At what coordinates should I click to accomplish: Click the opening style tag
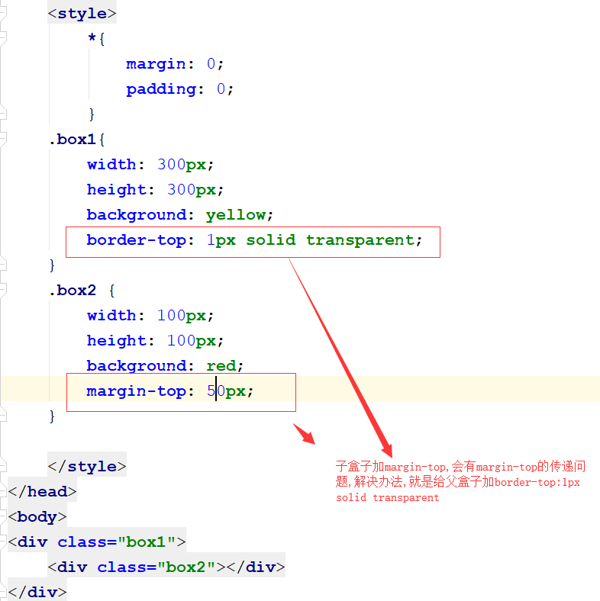[82, 14]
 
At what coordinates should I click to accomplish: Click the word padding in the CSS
[161, 89]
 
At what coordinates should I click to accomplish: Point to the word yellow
[236, 215]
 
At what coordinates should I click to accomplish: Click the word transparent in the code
[360, 240]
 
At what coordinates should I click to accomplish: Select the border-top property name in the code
[136, 240]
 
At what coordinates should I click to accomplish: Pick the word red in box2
[221, 366]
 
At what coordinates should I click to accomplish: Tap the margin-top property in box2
[136, 391]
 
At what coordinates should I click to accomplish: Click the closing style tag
[87, 467]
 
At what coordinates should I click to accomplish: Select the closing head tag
[43, 492]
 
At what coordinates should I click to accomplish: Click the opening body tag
[37, 517]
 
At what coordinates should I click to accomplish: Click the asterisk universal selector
[92, 39]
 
